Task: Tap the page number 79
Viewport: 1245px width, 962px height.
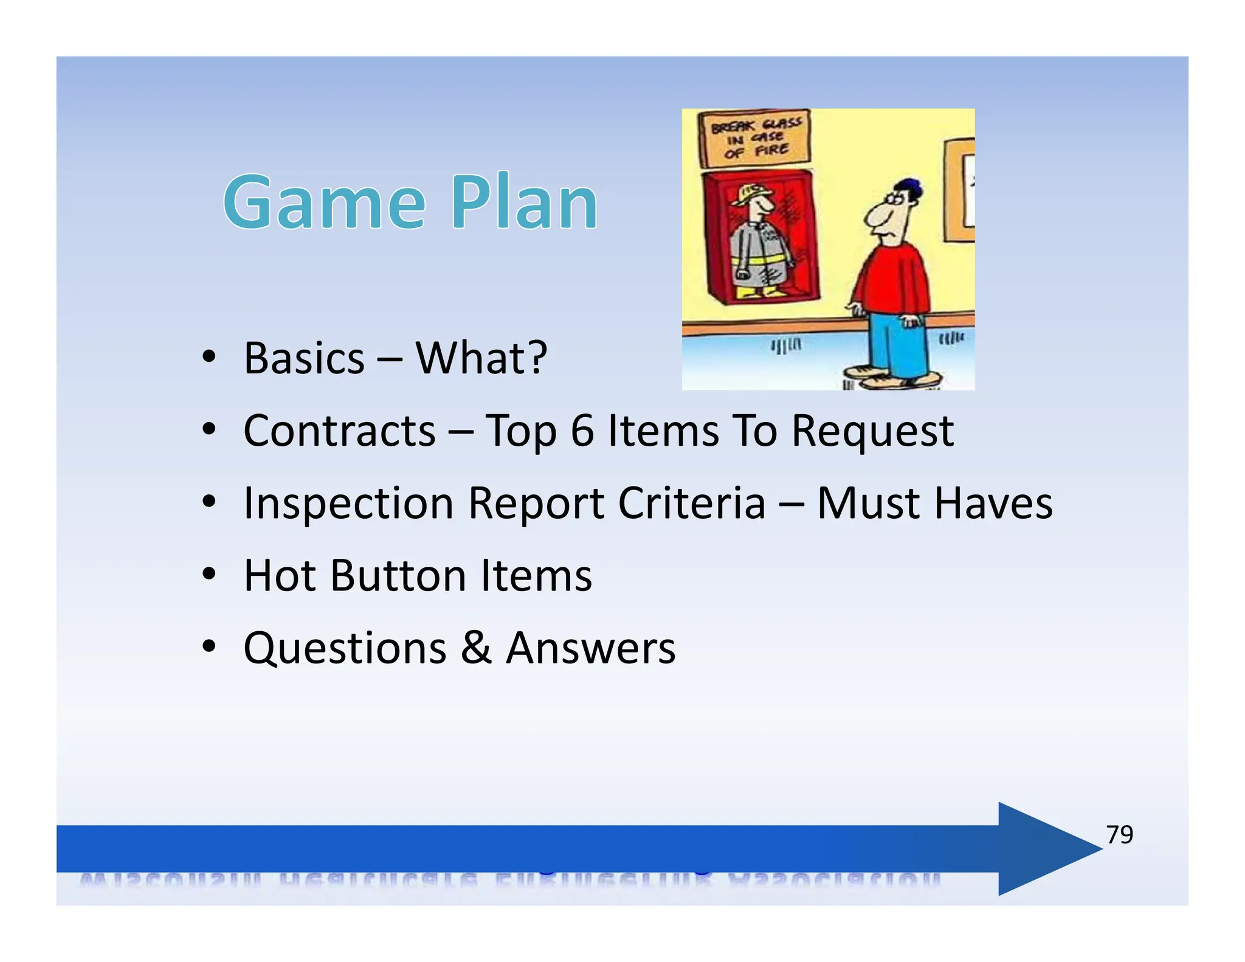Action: tap(1119, 834)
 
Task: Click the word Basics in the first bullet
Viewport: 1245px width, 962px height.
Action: tap(304, 358)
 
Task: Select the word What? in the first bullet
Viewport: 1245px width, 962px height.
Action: tap(481, 358)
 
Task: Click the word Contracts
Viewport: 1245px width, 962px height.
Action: tap(339, 431)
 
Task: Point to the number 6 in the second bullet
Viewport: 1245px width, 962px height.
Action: tap(582, 431)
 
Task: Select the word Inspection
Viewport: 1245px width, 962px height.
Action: tap(348, 504)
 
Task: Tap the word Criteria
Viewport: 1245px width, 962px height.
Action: tap(692, 503)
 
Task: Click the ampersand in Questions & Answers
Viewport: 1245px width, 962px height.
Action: tap(475, 648)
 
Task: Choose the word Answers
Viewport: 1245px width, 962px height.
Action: tap(590, 648)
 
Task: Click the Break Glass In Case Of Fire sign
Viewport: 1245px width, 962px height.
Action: tap(756, 138)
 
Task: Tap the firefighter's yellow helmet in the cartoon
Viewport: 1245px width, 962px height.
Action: tap(753, 193)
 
